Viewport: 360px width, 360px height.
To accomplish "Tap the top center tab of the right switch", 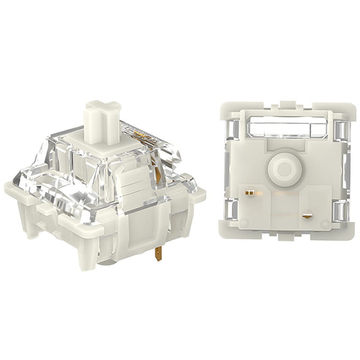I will [286, 105].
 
